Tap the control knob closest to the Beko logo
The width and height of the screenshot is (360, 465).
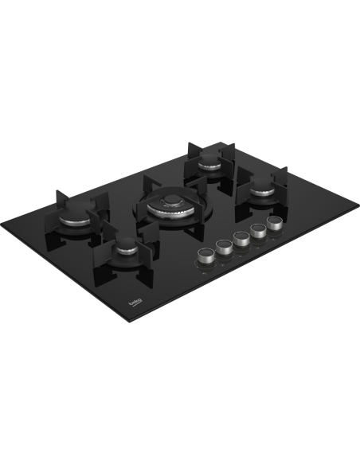(x=205, y=256)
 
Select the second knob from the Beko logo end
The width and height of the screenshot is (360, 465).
(x=224, y=247)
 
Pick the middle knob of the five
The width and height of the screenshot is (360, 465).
(x=241, y=239)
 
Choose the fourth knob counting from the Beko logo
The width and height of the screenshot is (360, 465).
(x=258, y=231)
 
